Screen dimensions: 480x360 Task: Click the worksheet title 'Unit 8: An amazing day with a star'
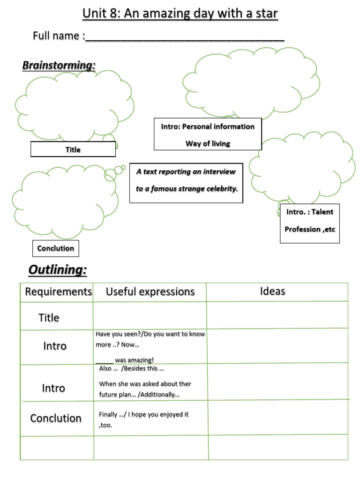pos(180,14)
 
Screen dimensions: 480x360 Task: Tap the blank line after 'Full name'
pos(185,37)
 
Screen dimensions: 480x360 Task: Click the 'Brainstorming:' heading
pos(59,66)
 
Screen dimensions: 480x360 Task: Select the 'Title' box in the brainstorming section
pos(73,150)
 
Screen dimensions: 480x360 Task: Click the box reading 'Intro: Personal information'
pos(208,127)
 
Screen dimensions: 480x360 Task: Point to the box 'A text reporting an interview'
pos(186,172)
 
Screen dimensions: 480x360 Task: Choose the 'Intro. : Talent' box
pos(310,212)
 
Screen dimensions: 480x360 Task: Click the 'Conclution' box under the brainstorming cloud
pos(56,248)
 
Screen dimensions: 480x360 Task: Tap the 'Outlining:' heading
pos(58,270)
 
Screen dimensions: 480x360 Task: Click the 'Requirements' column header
pos(58,292)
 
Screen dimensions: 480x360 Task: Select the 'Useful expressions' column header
pos(150,292)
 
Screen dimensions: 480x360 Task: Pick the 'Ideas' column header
pos(272,292)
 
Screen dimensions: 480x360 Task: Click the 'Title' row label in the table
pos(49,318)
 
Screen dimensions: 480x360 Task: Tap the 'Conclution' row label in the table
pos(56,418)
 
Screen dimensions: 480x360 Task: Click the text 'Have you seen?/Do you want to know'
pos(150,334)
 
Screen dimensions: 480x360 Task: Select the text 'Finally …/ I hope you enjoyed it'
pos(143,415)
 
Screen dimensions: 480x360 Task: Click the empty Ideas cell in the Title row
pos(277,315)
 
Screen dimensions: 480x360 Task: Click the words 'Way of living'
pos(208,143)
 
